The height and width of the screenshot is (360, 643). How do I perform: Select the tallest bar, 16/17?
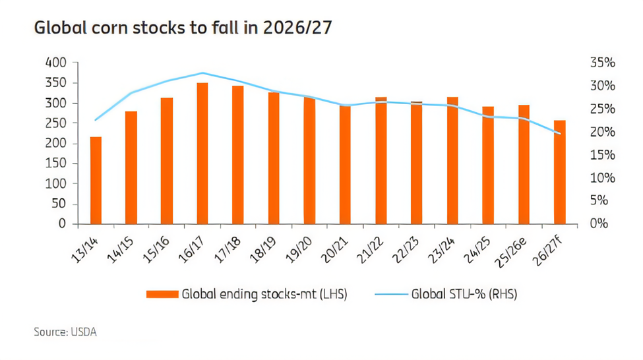[x=202, y=153]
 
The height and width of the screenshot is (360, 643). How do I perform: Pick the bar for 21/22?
[x=381, y=160]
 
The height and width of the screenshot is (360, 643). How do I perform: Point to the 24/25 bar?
[x=488, y=165]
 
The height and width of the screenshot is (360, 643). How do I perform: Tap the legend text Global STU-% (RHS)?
[x=464, y=294]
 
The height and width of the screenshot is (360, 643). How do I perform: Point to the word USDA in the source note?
[x=85, y=332]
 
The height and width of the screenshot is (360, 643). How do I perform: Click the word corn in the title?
[x=116, y=29]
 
